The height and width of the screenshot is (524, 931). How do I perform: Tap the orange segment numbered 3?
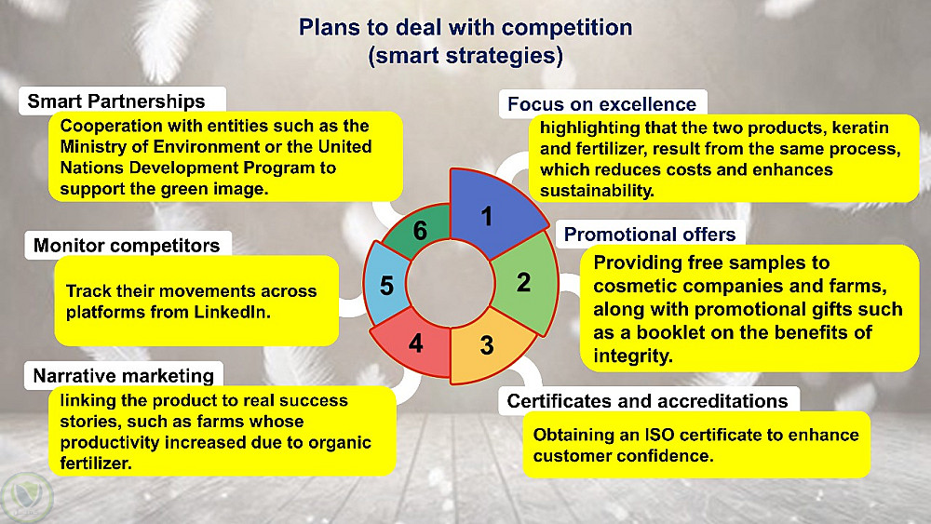point(488,345)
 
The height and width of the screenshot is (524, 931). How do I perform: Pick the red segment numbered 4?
point(415,343)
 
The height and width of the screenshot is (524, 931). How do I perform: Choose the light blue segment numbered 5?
point(386,285)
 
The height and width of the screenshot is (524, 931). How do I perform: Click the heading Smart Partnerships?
point(116,101)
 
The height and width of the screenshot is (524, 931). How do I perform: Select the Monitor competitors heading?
point(127,245)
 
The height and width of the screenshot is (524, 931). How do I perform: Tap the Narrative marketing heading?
point(124,376)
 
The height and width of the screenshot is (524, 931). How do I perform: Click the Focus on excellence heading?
point(601,104)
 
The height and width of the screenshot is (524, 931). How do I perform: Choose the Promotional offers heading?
point(650,235)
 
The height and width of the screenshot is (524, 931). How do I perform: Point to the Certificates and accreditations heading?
point(647,401)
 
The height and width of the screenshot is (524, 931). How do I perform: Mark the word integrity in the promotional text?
point(632,356)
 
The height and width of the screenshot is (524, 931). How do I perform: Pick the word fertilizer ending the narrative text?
point(96,464)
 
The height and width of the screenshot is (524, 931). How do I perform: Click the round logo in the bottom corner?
point(27,497)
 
